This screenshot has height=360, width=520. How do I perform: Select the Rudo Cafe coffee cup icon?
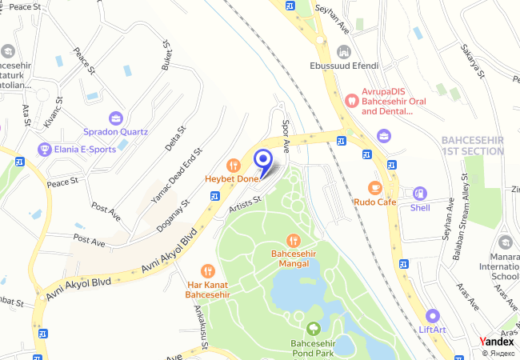pos(374,188)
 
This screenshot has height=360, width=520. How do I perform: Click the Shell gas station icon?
pos(419,194)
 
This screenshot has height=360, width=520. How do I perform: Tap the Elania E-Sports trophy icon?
pos(43,149)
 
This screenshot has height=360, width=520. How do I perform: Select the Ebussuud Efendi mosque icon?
pos(344,52)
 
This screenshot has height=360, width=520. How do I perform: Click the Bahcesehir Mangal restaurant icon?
pos(294,239)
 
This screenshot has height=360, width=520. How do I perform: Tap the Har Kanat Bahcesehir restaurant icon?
pos(208,271)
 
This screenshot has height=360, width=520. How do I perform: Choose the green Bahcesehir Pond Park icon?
pos(312,327)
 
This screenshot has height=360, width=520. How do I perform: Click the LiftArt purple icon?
pos(432,315)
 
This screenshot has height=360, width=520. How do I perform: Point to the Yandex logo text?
pos(497,342)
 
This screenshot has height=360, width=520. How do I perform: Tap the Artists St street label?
pos(245,205)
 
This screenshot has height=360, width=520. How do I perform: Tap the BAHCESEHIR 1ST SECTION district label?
pos(472,145)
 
